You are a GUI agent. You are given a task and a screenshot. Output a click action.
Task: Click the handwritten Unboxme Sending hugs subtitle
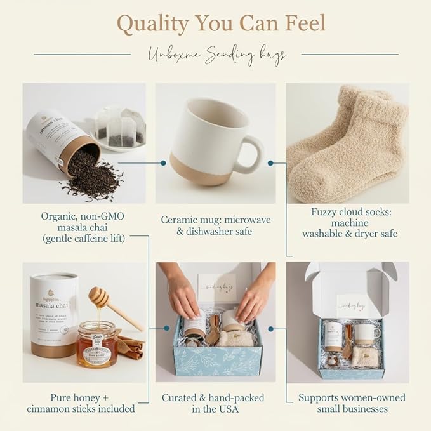[x=216, y=55]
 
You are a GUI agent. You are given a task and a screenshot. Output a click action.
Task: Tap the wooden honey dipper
[x=112, y=305]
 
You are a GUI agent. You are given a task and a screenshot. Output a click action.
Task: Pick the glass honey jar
[x=96, y=343]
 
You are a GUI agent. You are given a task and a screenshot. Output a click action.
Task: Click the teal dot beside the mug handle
[x=270, y=163]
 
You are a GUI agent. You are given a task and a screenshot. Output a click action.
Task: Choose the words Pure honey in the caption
[x=67, y=398]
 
